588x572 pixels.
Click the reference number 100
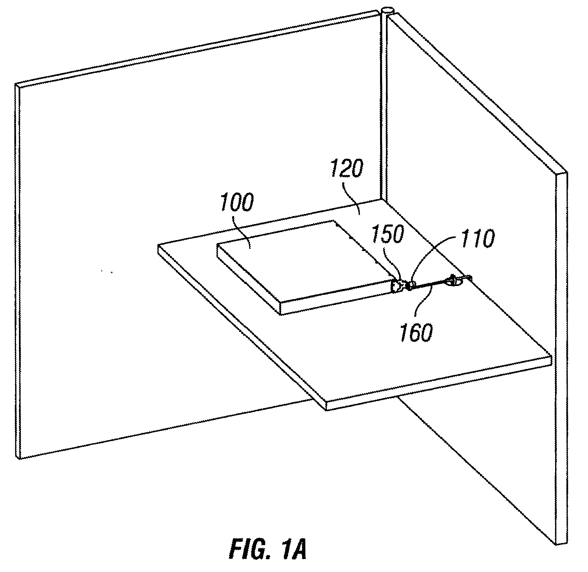[x=237, y=203]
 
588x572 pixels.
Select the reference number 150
[x=388, y=234]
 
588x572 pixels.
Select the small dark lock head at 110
[x=411, y=286]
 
